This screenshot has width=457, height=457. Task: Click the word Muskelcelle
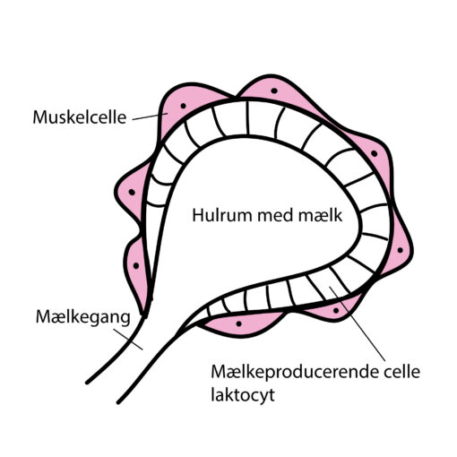coord(80,117)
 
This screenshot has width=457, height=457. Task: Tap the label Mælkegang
coord(83,317)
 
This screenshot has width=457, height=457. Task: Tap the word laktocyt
coord(243,395)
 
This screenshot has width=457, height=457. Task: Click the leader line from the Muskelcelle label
coord(151,116)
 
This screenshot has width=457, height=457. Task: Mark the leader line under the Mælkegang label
coord(128,339)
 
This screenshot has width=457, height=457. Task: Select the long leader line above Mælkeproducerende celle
coord(358,323)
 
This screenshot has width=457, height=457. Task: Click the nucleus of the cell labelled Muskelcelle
coord(184,106)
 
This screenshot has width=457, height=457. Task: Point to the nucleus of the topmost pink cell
coord(274,91)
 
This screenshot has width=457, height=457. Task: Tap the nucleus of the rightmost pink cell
coord(401,250)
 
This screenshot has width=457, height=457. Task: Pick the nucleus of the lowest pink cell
coord(238,323)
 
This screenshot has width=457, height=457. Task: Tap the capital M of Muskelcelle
coord(40,117)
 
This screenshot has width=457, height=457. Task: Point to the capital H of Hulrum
coord(198,215)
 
